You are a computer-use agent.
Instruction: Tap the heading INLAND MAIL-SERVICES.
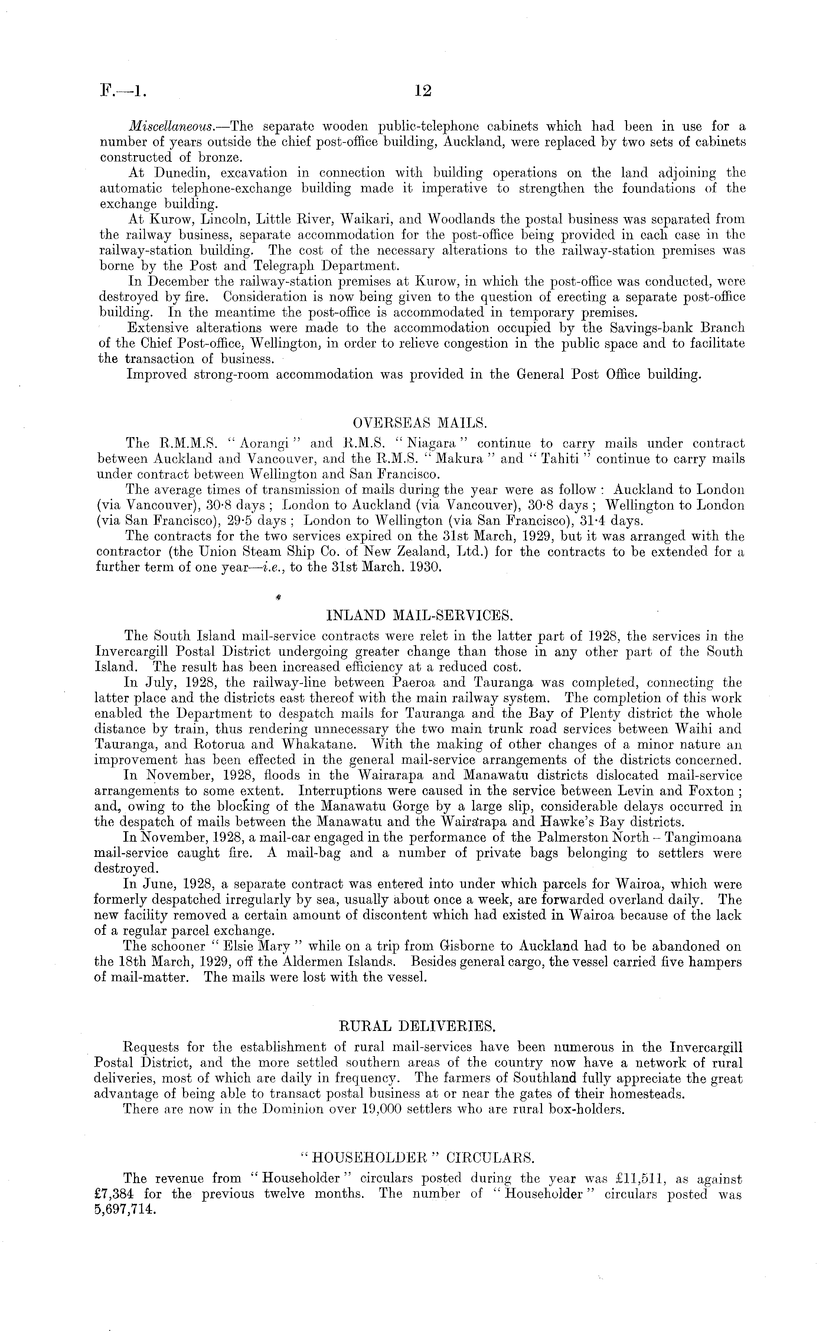420,615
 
